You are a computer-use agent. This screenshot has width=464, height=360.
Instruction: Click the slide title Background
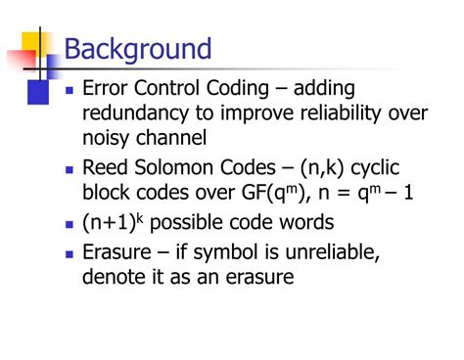click(x=138, y=48)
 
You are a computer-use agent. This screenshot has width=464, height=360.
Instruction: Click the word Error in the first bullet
click(x=108, y=91)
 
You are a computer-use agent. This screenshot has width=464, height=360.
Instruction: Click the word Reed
click(x=106, y=167)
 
